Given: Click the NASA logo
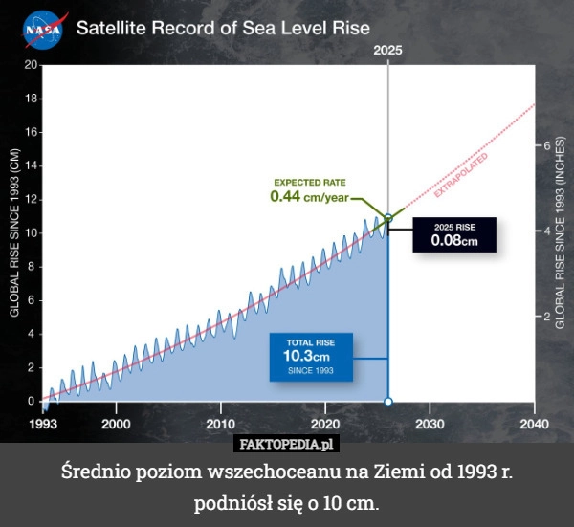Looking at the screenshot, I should point(44,29).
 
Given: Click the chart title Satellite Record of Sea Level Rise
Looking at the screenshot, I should point(223,28).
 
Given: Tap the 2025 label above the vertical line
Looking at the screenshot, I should point(387,50).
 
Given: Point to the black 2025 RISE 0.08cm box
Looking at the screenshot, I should point(454,234).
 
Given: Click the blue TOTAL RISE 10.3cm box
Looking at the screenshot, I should point(310,356).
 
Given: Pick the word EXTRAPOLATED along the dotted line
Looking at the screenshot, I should point(461,174).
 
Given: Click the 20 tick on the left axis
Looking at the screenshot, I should point(31,65).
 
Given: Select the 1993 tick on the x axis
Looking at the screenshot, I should point(42,423).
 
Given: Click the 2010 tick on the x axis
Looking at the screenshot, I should point(220,423).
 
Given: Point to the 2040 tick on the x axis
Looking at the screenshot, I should point(534,423).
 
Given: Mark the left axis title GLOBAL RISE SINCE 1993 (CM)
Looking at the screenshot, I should point(13,232).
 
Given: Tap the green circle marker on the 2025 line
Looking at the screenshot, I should point(388,218).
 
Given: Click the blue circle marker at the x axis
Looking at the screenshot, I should point(388,402).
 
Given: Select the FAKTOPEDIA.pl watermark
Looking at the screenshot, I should point(287,444).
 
